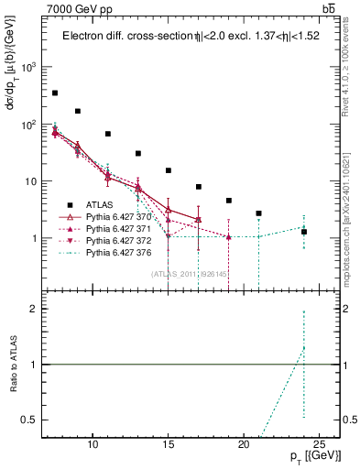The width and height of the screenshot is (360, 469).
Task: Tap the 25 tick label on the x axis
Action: pos(319,444)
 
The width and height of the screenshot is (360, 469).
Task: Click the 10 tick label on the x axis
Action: pos(93,444)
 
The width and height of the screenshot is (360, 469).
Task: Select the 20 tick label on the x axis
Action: pos(244,444)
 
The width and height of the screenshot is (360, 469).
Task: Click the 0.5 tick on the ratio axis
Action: pos(32,420)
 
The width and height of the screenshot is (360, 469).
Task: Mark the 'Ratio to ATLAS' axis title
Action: pos(13,365)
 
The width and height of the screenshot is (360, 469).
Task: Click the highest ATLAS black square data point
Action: pos(55,93)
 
